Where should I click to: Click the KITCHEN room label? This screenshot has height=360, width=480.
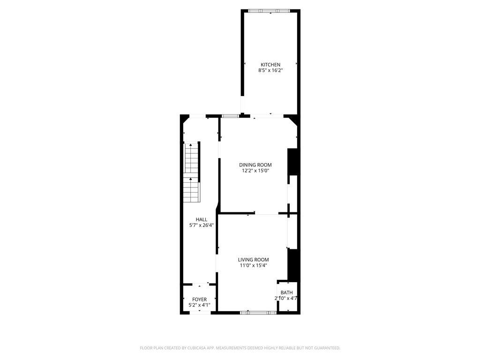point(270,65)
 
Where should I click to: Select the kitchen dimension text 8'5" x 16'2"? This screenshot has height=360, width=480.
point(270,70)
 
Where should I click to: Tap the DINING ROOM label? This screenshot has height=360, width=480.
point(255,165)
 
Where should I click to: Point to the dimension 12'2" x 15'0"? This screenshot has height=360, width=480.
point(255,171)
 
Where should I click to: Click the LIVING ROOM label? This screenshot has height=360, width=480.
point(254,260)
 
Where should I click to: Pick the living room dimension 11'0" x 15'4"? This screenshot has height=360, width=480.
point(254,266)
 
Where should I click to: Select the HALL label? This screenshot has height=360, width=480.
point(202,219)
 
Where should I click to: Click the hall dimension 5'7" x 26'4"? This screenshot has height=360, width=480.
point(202,225)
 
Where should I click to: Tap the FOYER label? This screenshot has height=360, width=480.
point(200,300)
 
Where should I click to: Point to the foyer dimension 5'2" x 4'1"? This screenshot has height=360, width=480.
point(200,305)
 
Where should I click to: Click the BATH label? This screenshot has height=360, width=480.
point(286,292)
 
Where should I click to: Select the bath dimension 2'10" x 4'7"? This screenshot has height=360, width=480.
point(286,298)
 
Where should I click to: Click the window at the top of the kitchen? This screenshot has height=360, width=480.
point(269,11)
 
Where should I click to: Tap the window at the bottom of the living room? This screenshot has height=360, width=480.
point(258,313)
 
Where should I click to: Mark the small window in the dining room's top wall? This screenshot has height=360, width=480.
point(231,116)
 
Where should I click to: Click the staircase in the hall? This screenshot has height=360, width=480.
point(191,172)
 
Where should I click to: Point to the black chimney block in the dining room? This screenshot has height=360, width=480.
point(292,162)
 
